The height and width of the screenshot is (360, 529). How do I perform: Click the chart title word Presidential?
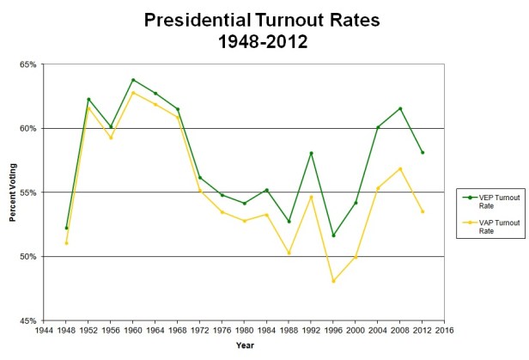(197, 18)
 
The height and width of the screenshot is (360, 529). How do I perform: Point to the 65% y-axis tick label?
(27, 64)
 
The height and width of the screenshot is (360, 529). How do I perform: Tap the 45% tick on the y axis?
(27, 320)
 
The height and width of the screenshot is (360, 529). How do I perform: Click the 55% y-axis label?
(27, 192)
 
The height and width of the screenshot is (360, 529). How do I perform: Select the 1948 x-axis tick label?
(66, 329)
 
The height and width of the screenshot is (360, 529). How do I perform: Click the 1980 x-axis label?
(245, 329)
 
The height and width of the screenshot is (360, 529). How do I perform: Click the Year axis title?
(245, 345)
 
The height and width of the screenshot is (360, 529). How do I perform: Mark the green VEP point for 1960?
(133, 80)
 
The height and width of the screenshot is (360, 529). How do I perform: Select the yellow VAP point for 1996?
(334, 281)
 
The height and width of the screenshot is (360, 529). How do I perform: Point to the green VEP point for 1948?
(66, 228)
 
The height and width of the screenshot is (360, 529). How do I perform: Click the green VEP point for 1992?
(312, 153)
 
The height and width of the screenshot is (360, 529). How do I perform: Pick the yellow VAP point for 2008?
(401, 168)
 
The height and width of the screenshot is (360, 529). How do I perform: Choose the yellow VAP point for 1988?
(289, 253)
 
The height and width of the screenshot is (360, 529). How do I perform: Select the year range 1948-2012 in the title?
(263, 40)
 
